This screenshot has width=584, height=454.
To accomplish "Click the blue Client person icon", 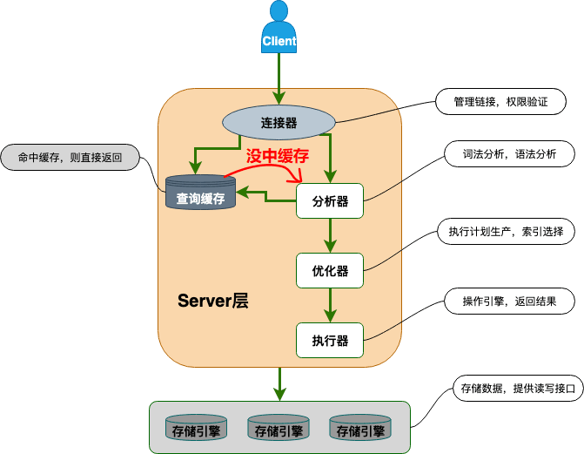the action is tap(279, 27).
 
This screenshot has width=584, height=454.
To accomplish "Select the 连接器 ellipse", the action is tap(279, 122).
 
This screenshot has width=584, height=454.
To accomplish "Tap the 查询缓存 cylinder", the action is tap(200, 192).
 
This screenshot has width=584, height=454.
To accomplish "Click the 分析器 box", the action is tap(330, 200).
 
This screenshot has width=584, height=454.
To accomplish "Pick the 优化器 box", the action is tap(330, 270).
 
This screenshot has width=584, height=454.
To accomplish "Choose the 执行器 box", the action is tap(330, 340).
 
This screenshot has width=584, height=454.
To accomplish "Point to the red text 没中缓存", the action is tap(278, 156).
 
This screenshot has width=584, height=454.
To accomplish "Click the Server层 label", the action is tap(212, 301).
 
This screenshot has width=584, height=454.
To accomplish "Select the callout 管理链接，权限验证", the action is tap(500, 101).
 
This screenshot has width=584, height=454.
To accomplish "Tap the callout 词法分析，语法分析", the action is tap(509, 153).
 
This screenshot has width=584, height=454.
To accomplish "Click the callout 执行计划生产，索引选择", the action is tap(506, 231).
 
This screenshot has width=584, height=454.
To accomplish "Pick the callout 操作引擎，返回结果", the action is tap(509, 301).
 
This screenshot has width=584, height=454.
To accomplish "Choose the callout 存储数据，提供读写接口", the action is tap(518, 389).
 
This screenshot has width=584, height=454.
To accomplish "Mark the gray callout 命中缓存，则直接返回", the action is tap(70, 158).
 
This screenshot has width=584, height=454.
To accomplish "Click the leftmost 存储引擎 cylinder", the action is tap(196, 428).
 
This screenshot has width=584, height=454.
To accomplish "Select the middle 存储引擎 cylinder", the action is tap(279, 428).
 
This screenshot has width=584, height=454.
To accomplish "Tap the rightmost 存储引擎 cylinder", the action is tap(360, 428).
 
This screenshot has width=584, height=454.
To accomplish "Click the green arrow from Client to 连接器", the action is tap(279, 78).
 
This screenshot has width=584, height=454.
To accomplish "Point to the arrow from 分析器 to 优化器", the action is tap(330, 236).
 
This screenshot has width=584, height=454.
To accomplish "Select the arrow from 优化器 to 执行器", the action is tap(330, 306).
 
